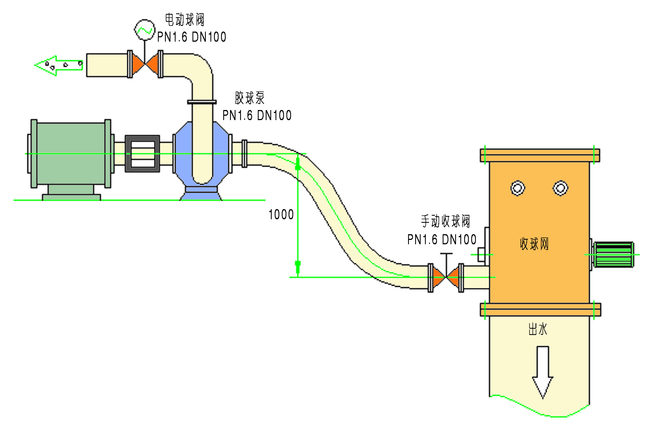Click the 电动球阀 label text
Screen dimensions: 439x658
(x=185, y=20)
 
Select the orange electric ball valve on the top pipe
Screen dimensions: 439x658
(x=145, y=64)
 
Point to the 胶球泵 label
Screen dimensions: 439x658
(x=250, y=98)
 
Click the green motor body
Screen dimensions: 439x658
(x=71, y=153)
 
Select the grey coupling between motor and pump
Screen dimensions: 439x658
(x=142, y=154)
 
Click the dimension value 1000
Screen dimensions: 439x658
(x=281, y=215)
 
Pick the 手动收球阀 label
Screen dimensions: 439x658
(x=446, y=221)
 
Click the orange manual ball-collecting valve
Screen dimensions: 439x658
(x=446, y=277)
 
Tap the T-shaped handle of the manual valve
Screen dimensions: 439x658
(x=446, y=254)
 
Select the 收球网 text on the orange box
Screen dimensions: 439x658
(x=534, y=244)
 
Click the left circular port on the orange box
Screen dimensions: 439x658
(x=518, y=188)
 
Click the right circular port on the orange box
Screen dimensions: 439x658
(x=560, y=188)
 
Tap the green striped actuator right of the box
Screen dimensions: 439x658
(x=614, y=255)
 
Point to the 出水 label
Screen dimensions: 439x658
(x=538, y=329)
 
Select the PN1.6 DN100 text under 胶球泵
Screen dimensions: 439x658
(x=257, y=115)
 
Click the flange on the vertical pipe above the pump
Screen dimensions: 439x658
(x=202, y=102)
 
